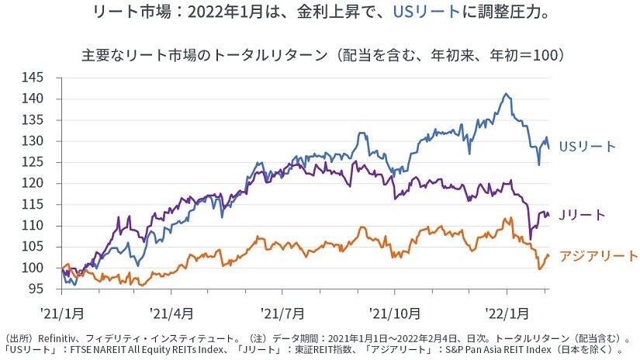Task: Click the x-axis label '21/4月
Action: coord(172,314)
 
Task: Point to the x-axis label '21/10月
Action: coord(395,314)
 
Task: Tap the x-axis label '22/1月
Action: coord(507,314)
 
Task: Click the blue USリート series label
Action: coord(586,147)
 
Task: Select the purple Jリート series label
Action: coord(584,215)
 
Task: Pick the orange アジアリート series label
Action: coord(599,256)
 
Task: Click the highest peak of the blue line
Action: coord(506,94)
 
